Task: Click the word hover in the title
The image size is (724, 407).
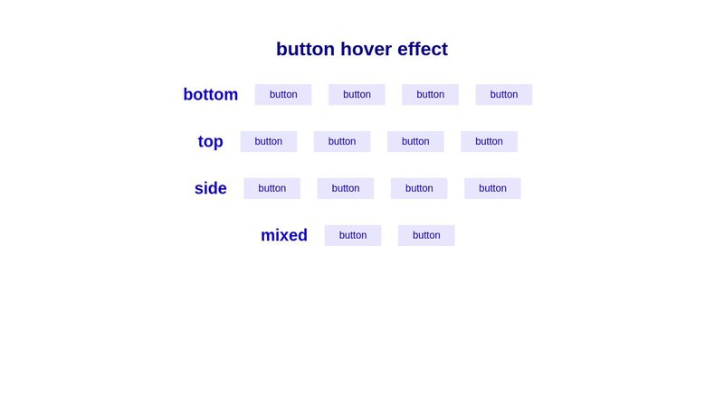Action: [369, 49]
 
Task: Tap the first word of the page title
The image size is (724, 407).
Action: [305, 49]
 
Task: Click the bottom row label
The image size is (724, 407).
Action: [210, 95]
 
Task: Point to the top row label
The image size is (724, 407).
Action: [210, 142]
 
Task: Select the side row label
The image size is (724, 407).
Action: [210, 189]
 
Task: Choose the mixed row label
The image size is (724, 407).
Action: [284, 235]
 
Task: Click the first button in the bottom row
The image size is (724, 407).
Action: [283, 95]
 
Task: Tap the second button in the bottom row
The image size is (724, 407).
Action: [357, 95]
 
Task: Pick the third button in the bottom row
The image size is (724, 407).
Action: [430, 95]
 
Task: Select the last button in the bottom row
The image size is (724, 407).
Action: [504, 95]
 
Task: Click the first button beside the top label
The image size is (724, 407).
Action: [269, 142]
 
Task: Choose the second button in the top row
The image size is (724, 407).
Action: [342, 142]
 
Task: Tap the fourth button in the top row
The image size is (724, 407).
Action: [489, 142]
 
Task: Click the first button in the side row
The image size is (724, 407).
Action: [271, 188]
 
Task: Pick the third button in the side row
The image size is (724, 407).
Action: [419, 188]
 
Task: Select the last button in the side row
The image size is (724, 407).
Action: [492, 188]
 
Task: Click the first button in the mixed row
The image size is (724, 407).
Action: [353, 235]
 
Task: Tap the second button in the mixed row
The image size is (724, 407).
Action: [426, 235]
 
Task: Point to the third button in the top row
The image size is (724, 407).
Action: [415, 142]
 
